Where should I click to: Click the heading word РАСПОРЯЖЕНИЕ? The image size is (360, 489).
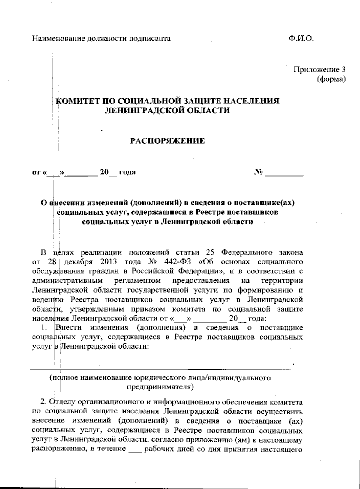[x=167, y=141]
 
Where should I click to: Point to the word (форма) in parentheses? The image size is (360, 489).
[x=331, y=79]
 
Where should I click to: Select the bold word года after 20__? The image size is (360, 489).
[x=127, y=172]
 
